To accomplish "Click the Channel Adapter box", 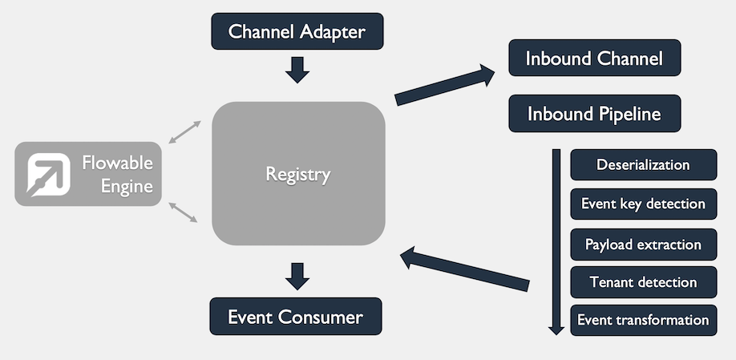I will (297, 32).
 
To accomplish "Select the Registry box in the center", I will (298, 173).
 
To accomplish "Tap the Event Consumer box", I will (295, 317).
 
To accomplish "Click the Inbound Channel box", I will (594, 58).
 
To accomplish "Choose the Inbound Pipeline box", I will (594, 114).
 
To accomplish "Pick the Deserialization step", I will (643, 165).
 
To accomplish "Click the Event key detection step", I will (643, 204).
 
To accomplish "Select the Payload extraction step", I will (643, 244).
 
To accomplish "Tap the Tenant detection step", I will (643, 282).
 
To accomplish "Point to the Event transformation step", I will (643, 320).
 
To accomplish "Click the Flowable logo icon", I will (48, 174).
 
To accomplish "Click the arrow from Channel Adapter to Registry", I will (297, 70).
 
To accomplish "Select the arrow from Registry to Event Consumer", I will (297, 275).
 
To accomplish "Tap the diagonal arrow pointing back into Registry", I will (465, 269).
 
